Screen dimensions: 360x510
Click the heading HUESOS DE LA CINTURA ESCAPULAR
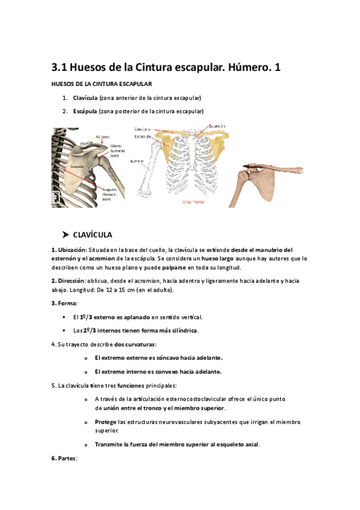(102, 84)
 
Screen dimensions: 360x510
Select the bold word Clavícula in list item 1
(85, 97)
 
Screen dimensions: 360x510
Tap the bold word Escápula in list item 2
(85, 111)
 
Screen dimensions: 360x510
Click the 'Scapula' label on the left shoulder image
(78, 165)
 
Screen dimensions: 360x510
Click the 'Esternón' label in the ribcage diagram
(217, 126)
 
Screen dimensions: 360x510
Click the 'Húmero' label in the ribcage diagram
(137, 161)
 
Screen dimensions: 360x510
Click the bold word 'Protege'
(106, 422)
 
